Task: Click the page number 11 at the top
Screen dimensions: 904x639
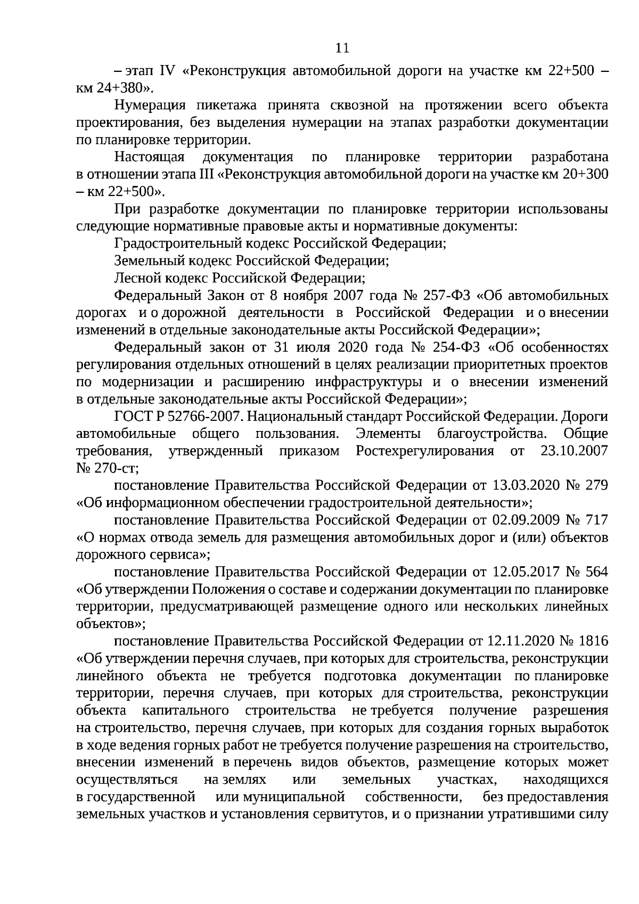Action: point(342,48)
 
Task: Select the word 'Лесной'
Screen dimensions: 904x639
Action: point(136,278)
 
